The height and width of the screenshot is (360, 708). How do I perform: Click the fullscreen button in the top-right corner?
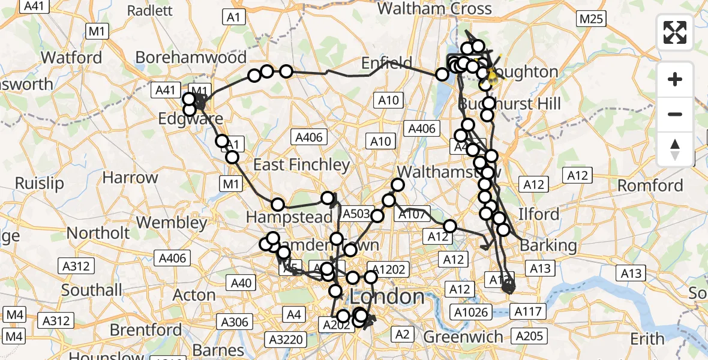tap(675, 32)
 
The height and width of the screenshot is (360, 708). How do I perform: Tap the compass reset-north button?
tap(675, 149)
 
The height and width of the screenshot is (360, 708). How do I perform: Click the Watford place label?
tap(73, 58)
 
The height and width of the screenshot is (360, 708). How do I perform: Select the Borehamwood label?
tap(191, 57)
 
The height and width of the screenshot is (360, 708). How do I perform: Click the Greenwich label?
tap(463, 337)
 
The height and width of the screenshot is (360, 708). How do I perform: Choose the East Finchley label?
tap(301, 164)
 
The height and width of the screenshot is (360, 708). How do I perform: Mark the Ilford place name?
tap(538, 214)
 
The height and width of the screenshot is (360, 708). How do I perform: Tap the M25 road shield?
tap(590, 19)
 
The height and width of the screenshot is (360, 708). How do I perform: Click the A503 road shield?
tap(355, 214)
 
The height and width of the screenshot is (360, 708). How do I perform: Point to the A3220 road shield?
tap(286, 340)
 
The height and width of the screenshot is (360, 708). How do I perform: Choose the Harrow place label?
tap(130, 178)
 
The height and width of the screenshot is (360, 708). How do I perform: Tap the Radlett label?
tap(150, 10)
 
